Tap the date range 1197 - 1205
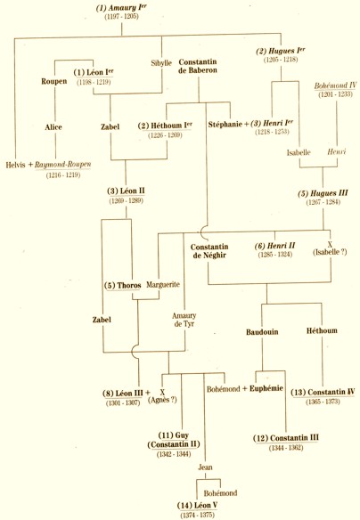[121, 17]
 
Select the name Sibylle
[161, 63]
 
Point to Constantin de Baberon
[198, 66]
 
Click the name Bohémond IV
[335, 85]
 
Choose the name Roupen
[54, 81]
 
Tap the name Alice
[53, 127]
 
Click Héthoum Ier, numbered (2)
[165, 126]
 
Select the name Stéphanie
[225, 125]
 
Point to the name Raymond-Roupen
[62, 165]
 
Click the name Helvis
[15, 165]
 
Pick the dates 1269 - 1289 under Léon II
[126, 200]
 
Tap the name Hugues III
[323, 193]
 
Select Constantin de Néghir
[209, 251]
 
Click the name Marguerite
[163, 285]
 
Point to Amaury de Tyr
[184, 320]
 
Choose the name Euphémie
[266, 388]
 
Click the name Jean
[205, 467]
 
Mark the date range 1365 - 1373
[323, 402]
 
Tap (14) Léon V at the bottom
[197, 506]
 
